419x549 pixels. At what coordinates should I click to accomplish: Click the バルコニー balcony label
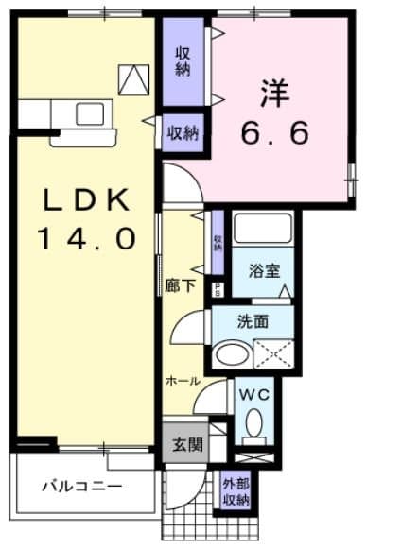pyautogui.click(x=80, y=486)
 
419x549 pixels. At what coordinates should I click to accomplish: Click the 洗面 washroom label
pyautogui.click(x=253, y=321)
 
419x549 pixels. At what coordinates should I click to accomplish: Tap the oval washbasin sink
pyautogui.click(x=230, y=356)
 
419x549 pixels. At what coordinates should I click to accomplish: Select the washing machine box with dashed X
pyautogui.click(x=272, y=356)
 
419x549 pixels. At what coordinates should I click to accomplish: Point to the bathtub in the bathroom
pyautogui.click(x=263, y=232)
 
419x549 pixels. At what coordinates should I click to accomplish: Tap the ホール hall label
pyautogui.click(x=183, y=381)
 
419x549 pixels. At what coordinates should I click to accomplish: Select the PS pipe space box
pyautogui.click(x=218, y=290)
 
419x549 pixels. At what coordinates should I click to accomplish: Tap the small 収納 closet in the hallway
pyautogui.click(x=218, y=242)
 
